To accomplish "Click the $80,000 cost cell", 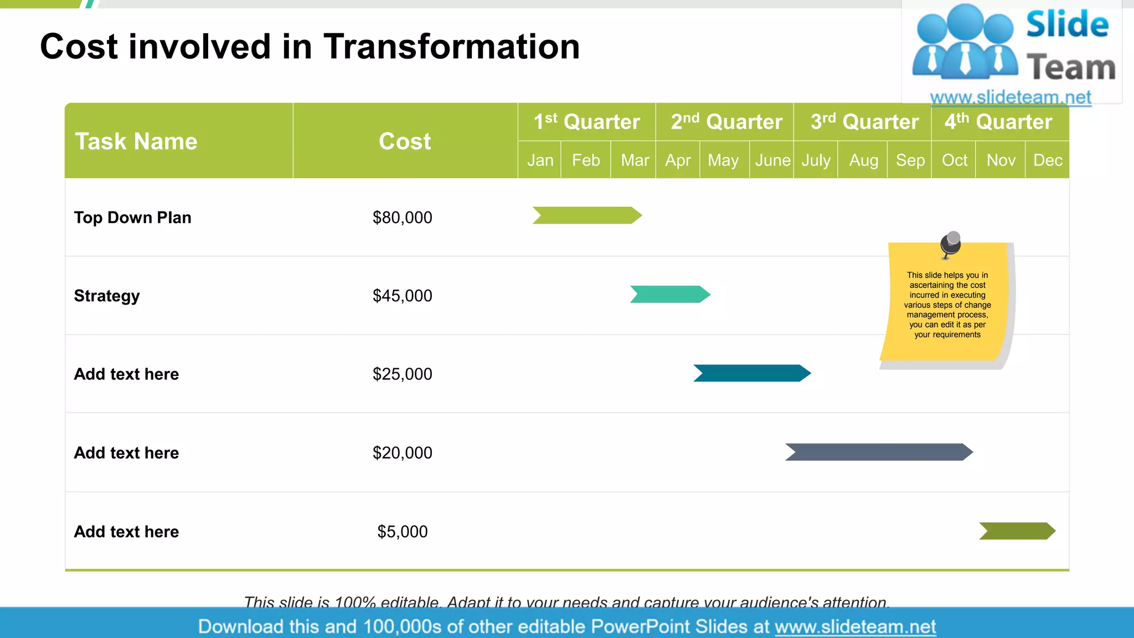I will [403, 218].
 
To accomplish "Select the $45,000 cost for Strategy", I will [403, 296].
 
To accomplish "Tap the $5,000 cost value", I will [403, 532].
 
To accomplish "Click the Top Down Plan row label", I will [133, 218].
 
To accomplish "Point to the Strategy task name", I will [107, 296].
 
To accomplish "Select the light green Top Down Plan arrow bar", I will [587, 215].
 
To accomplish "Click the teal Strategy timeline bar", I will [670, 294].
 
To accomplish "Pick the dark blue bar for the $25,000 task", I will [752, 373].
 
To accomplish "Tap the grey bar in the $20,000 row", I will [879, 452].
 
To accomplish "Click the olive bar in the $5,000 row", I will [1017, 531].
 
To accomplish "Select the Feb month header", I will [586, 160].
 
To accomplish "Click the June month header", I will [772, 160].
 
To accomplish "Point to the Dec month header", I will [1048, 160].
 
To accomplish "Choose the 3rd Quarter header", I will [864, 122].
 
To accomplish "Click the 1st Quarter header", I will [587, 122].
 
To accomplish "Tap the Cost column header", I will [405, 141].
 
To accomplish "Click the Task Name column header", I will [136, 141].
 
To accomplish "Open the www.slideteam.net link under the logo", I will [1011, 97].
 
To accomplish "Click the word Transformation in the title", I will [452, 47].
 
